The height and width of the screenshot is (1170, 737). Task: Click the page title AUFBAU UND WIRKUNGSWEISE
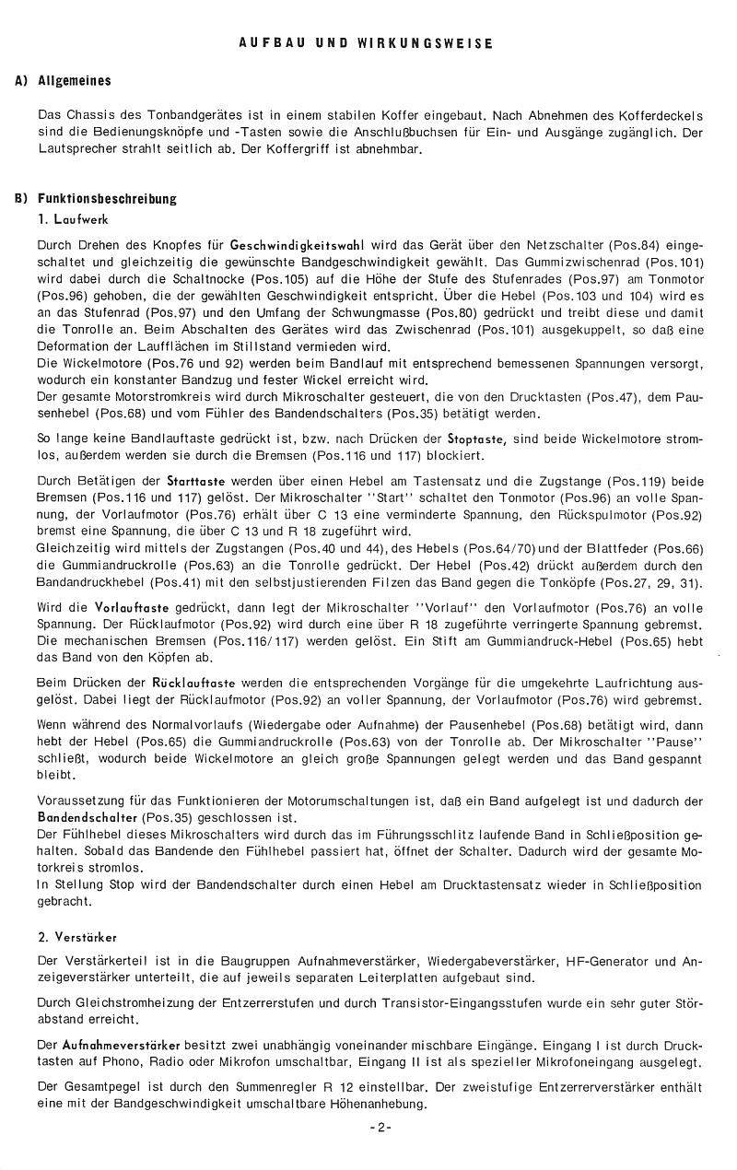tap(366, 43)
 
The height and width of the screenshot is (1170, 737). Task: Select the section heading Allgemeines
tap(75, 81)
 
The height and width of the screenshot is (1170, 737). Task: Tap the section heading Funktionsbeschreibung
tap(107, 198)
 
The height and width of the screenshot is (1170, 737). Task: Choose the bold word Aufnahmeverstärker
tap(121, 1047)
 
